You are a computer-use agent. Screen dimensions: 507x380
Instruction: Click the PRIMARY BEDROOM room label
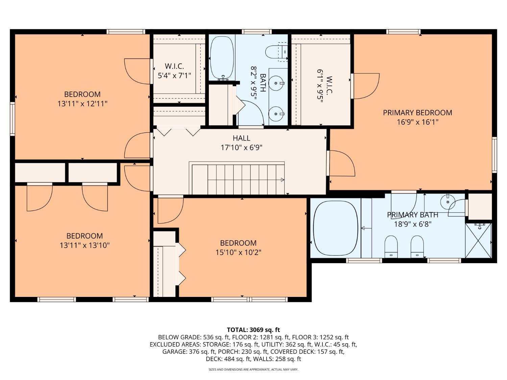tap(417, 112)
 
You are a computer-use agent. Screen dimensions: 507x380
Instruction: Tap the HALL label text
tap(241, 138)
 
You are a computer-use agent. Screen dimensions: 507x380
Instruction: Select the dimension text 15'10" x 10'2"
tap(238, 252)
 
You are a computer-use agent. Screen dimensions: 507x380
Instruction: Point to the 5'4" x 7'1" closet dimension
tap(174, 75)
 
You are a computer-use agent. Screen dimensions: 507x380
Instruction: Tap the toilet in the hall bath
tap(276, 52)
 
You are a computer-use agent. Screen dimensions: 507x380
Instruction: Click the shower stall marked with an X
tap(478, 240)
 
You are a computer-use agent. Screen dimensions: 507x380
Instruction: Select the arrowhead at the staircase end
tap(282, 180)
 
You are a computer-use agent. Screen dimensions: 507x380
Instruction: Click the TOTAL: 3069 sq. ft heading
tap(253, 330)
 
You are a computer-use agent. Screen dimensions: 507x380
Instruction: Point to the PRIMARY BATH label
tap(413, 215)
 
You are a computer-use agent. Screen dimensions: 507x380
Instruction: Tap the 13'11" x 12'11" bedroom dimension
tap(82, 104)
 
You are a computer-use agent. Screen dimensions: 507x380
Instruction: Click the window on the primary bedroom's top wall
tap(403, 32)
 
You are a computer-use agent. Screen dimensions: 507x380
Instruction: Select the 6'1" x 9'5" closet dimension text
tap(320, 85)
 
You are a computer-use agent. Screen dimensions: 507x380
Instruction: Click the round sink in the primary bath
tap(448, 202)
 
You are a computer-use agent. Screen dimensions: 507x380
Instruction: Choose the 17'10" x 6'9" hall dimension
tap(241, 147)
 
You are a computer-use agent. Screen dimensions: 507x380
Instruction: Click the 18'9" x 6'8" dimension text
tap(413, 224)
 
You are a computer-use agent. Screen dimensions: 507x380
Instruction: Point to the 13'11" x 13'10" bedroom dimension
tap(84, 245)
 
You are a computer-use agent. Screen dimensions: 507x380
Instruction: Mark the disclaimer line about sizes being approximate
tap(254, 370)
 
